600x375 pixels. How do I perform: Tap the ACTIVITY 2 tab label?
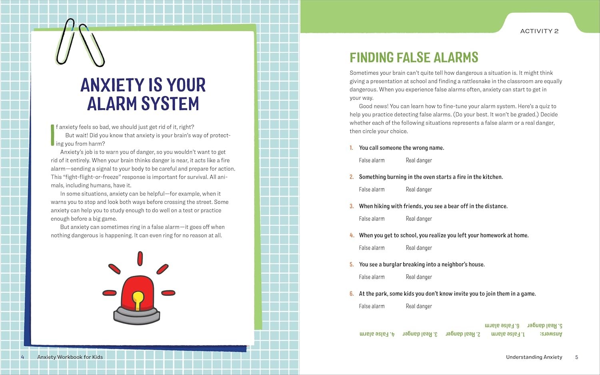click(539, 31)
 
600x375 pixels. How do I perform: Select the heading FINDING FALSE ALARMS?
click(414, 58)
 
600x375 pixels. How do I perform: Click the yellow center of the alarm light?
click(138, 300)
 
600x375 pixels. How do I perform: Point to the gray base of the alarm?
click(137, 315)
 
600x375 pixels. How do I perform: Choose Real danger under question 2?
click(418, 189)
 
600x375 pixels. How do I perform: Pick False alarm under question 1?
click(372, 160)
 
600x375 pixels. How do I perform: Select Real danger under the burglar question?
click(418, 277)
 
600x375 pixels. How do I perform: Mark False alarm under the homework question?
click(372, 248)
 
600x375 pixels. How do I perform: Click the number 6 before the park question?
click(352, 294)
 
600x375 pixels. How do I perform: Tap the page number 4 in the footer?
click(22, 357)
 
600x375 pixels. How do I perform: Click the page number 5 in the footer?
click(576, 357)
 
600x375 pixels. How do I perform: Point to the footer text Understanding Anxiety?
click(534, 357)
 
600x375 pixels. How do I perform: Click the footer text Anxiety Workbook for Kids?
click(70, 357)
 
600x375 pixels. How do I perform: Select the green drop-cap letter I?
click(52, 135)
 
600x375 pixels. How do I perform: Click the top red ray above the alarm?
click(140, 259)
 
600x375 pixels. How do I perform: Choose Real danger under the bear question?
click(418, 219)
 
